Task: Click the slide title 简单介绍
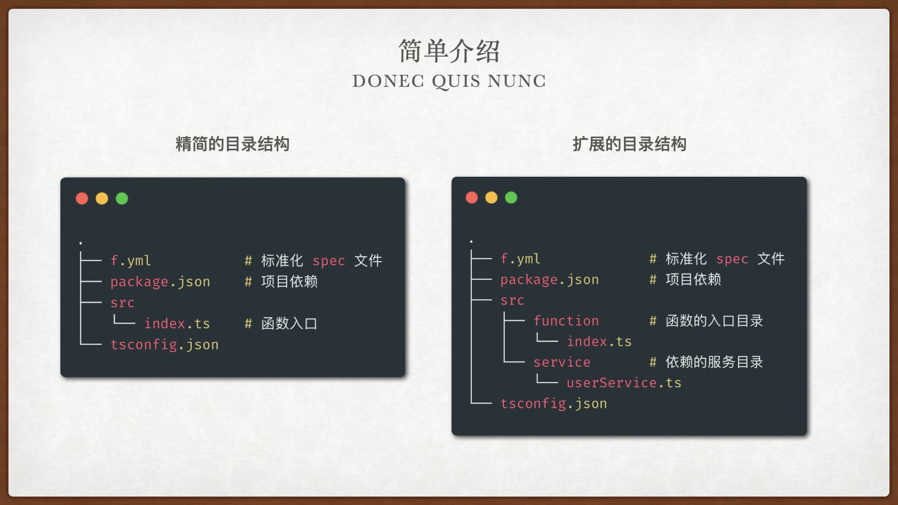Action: pyautogui.click(x=449, y=51)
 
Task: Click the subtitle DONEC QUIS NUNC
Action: pyautogui.click(x=449, y=81)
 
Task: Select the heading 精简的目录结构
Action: pyautogui.click(x=232, y=144)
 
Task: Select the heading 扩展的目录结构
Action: pyautogui.click(x=630, y=144)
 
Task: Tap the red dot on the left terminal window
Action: pyautogui.click(x=82, y=198)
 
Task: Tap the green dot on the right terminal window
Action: pyautogui.click(x=511, y=197)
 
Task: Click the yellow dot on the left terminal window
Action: pyautogui.click(x=102, y=198)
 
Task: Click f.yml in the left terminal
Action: pyautogui.click(x=131, y=260)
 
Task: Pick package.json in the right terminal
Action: pyautogui.click(x=550, y=280)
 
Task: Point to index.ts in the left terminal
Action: pyautogui.click(x=177, y=323)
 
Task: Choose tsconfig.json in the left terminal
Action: pyautogui.click(x=165, y=345)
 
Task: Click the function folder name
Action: pyautogui.click(x=566, y=321)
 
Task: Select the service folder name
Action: pyautogui.click(x=562, y=362)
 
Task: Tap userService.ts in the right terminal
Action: pyautogui.click(x=624, y=382)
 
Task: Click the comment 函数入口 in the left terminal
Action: pyautogui.click(x=289, y=323)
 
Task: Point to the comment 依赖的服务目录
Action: pyautogui.click(x=714, y=362)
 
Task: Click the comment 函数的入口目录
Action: pyautogui.click(x=714, y=321)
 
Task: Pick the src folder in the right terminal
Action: pyautogui.click(x=512, y=301)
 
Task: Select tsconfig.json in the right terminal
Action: pyautogui.click(x=554, y=404)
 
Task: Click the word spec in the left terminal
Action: pyautogui.click(x=328, y=261)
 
